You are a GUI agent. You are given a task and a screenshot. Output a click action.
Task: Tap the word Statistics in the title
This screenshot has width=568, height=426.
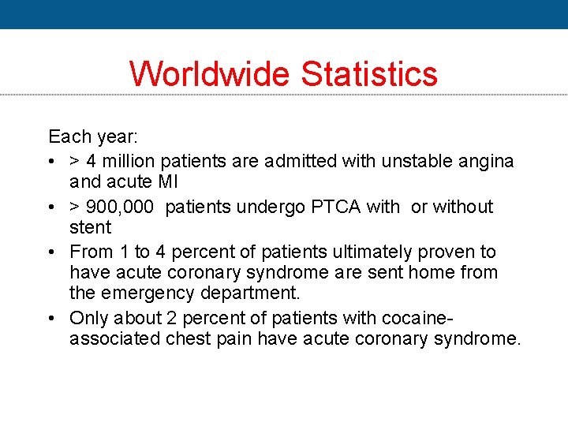click(x=369, y=73)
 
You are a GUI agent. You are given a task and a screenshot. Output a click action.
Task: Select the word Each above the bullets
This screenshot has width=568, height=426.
click(x=69, y=137)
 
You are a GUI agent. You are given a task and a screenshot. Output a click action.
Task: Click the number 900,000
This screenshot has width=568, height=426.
click(x=120, y=207)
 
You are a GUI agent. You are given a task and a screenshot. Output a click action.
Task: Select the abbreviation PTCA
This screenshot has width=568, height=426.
click(x=334, y=207)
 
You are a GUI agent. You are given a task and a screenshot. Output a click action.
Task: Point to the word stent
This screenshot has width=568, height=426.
click(x=91, y=228)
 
